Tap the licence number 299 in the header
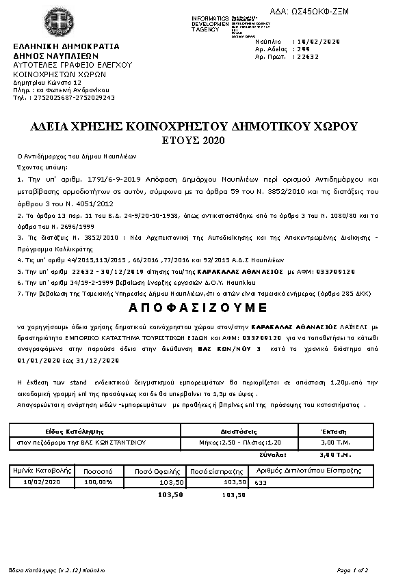(300, 49)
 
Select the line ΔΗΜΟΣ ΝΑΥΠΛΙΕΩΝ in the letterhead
(56, 56)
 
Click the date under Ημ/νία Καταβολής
(42, 481)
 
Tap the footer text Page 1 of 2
(352, 569)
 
